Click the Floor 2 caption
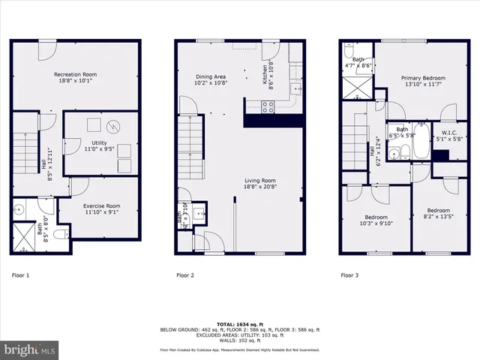185,275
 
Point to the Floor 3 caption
349,275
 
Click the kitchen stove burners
268,107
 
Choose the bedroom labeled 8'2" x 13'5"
438,213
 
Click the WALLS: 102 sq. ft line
239,340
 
